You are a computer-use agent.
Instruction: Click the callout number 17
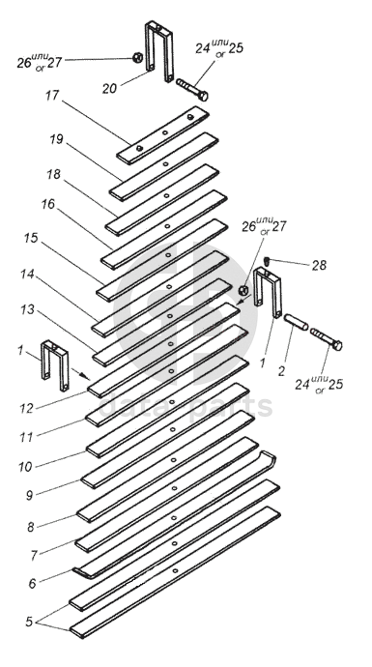(x=52, y=96)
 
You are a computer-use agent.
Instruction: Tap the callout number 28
(x=319, y=266)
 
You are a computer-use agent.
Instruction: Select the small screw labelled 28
(x=267, y=261)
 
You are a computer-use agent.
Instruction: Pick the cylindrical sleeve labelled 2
(x=297, y=322)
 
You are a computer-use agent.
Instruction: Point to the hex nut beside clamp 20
(x=137, y=57)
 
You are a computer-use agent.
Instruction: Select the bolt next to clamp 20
(x=192, y=89)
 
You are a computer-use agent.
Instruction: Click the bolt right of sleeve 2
(x=326, y=338)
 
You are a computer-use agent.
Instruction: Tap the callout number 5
(x=29, y=622)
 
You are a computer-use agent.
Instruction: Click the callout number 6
(x=32, y=584)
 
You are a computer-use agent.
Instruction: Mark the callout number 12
(x=26, y=408)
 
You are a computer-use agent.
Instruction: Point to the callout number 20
(x=109, y=89)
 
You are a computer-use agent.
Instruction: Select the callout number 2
(x=281, y=370)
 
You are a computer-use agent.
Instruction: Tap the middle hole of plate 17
(x=165, y=132)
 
